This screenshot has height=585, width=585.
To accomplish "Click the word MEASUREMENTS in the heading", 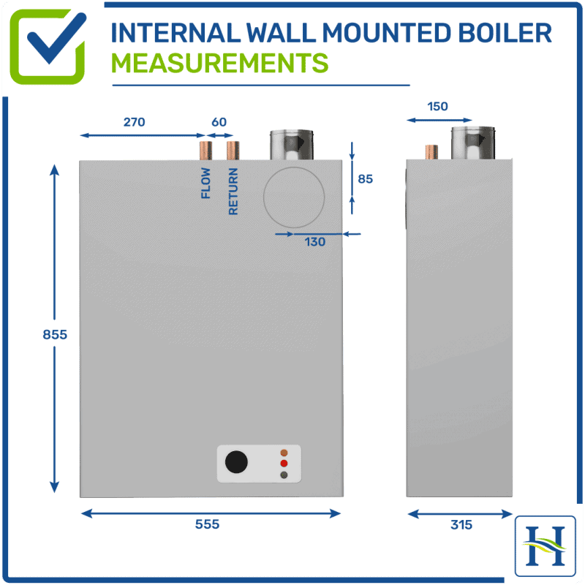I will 219,64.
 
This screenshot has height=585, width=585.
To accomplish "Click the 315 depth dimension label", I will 461,524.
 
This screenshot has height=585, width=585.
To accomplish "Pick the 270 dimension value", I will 134,122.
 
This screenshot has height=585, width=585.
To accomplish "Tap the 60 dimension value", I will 219,122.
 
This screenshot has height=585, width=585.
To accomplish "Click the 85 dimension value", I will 366,178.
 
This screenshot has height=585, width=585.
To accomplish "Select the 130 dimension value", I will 314,242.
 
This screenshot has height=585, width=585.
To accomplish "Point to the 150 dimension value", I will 437,106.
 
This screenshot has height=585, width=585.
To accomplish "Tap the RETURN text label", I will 233,192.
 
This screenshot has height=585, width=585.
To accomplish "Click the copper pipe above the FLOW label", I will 206,151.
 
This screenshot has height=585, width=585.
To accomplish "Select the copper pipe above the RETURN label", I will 233,151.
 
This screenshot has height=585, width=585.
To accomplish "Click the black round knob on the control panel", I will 236,463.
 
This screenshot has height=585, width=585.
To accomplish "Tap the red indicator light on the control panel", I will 284,464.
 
